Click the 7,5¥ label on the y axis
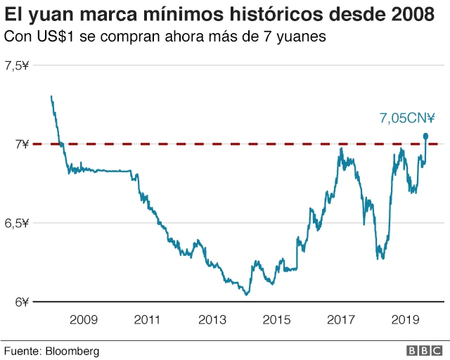[x=17, y=65]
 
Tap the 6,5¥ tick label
[x=17, y=223]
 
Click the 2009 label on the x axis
[x=83, y=319]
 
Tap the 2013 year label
[x=212, y=319]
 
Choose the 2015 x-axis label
[x=277, y=319]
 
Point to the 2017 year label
[x=342, y=319]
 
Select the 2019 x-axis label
[x=406, y=319]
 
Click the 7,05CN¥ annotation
[x=407, y=119]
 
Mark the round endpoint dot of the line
[x=426, y=136]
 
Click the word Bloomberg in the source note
[x=72, y=350]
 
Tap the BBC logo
[x=421, y=350]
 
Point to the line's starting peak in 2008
[x=51, y=96]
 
